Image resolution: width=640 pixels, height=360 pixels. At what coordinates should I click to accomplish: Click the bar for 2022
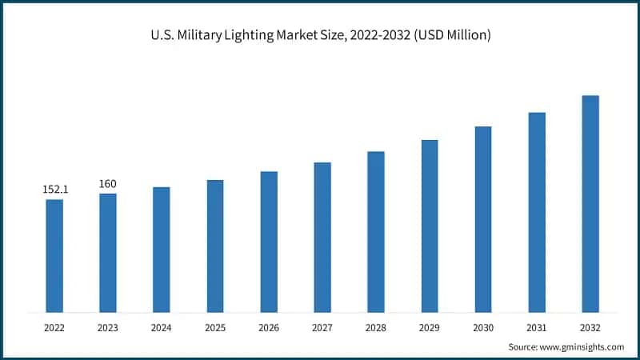click(x=54, y=255)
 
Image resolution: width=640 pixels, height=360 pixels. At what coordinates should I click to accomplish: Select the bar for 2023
click(x=108, y=253)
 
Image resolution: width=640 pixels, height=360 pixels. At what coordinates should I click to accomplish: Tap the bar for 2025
click(x=215, y=246)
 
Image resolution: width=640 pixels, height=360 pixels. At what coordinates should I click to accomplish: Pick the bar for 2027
click(x=322, y=237)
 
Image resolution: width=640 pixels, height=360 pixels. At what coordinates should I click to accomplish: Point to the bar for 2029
click(x=430, y=226)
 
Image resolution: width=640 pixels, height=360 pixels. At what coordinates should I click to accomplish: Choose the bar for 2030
click(x=483, y=219)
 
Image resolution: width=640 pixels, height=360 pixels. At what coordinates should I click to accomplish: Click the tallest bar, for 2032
click(x=590, y=204)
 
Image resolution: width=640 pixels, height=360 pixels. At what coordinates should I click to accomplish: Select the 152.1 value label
click(x=54, y=190)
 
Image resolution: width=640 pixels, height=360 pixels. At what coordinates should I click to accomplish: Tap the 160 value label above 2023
click(x=108, y=184)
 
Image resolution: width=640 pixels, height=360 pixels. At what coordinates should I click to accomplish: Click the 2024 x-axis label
click(x=162, y=327)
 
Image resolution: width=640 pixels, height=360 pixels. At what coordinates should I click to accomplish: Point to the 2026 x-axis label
click(x=269, y=327)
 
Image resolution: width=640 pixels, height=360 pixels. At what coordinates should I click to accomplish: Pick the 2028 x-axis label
click(x=376, y=327)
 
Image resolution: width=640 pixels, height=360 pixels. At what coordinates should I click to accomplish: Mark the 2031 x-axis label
click(x=537, y=327)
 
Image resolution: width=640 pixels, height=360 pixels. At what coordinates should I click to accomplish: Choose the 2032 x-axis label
click(x=590, y=327)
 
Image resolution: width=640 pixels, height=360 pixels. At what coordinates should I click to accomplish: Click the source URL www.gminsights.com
click(x=582, y=346)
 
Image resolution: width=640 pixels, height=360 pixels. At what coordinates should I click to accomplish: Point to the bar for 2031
click(x=537, y=212)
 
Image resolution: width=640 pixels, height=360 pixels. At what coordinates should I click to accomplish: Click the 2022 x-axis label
click(x=54, y=327)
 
